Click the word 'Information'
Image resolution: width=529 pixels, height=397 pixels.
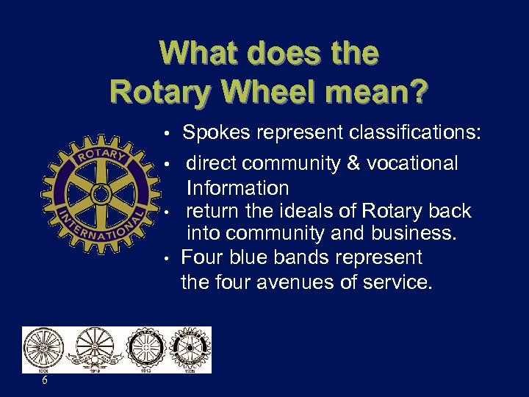(x=237, y=188)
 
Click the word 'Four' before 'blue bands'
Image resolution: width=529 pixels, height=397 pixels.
(x=203, y=257)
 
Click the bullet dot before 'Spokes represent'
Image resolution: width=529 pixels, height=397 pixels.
(x=168, y=134)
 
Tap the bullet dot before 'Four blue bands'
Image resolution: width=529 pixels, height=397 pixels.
(x=168, y=258)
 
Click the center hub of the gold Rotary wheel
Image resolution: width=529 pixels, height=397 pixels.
(x=101, y=194)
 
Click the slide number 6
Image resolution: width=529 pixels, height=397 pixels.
(x=45, y=380)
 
